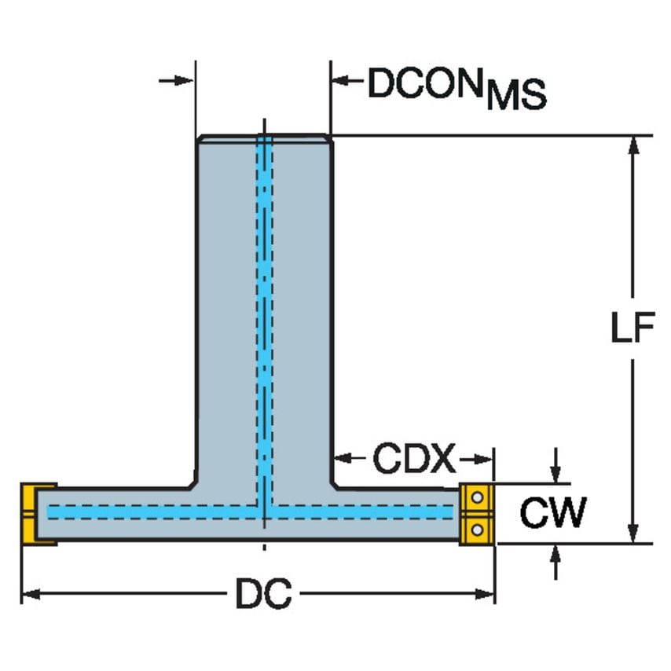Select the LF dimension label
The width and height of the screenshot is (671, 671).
point(632,331)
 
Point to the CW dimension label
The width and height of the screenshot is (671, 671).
point(552,514)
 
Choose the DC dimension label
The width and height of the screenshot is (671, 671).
point(263,595)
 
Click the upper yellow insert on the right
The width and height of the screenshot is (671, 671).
point(476,498)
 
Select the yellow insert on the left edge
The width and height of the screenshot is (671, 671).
point(32,514)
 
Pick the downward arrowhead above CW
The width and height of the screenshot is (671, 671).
point(555,475)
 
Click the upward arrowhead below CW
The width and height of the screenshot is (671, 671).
point(555,552)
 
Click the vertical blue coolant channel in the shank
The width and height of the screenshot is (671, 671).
point(265,314)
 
